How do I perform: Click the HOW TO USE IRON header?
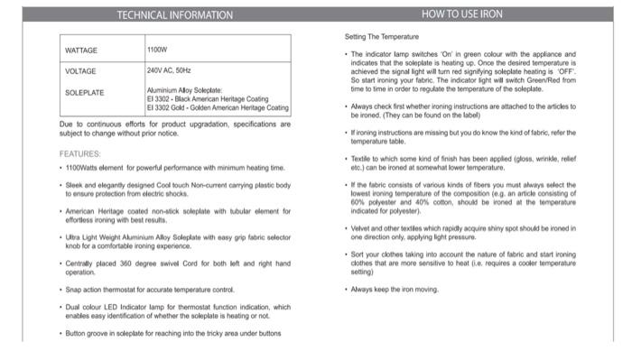click(462, 14)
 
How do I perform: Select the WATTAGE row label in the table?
click(81, 50)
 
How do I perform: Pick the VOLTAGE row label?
click(80, 70)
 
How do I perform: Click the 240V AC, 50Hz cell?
click(169, 70)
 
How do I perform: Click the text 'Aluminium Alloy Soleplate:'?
click(184, 91)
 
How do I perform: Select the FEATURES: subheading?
click(80, 153)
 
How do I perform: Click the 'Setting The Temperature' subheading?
click(382, 36)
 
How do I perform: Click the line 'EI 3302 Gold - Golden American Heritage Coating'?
click(218, 107)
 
